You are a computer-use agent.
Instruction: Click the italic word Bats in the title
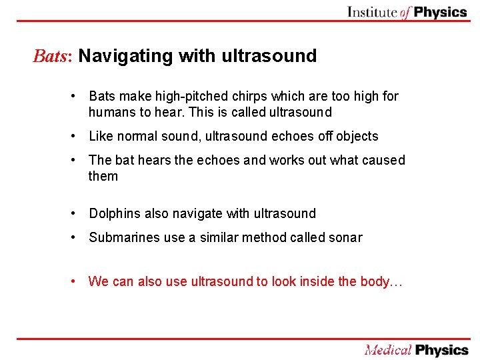(52, 56)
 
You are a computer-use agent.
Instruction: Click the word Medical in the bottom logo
(388, 350)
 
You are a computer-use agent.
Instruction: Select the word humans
(110, 112)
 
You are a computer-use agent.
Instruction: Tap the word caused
(383, 160)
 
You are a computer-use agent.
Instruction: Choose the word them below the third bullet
(103, 176)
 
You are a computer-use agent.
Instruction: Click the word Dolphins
(113, 213)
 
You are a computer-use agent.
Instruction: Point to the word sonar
(346, 237)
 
